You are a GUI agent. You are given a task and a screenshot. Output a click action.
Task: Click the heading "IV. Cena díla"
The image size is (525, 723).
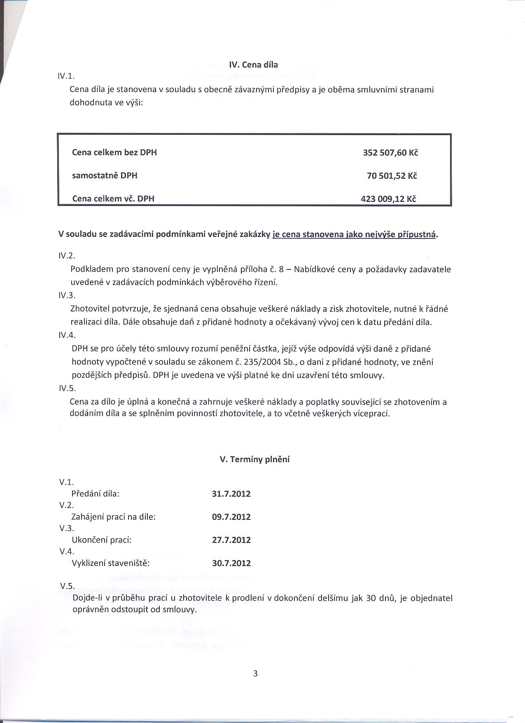(253, 65)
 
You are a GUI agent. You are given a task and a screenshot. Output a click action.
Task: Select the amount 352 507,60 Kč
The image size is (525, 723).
(390, 153)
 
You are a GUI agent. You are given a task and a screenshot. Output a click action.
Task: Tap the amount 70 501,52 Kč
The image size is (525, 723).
(392, 176)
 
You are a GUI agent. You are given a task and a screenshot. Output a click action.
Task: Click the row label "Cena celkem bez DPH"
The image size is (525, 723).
(114, 152)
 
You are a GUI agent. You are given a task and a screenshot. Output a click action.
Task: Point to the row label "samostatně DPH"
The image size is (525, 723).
(105, 175)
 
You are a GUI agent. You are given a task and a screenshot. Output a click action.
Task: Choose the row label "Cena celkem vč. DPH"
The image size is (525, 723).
(113, 199)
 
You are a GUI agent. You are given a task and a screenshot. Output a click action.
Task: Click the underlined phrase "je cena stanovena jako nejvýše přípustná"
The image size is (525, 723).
(354, 235)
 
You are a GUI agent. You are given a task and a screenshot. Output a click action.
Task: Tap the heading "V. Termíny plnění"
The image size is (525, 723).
(255, 459)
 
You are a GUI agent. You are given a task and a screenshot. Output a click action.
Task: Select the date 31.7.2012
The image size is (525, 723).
(231, 494)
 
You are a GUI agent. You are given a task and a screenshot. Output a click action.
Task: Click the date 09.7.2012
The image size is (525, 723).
(231, 517)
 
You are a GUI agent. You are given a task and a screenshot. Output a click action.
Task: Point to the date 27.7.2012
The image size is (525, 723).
(231, 540)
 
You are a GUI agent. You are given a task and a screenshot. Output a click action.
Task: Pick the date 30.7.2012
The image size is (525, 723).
(231, 563)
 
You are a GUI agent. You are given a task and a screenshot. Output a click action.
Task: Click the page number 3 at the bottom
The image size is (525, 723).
(255, 674)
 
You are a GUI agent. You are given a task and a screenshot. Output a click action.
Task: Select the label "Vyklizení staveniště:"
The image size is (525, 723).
(110, 563)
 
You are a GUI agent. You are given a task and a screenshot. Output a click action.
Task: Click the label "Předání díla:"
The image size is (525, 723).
(95, 494)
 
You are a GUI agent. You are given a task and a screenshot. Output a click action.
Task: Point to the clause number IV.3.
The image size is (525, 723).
(67, 295)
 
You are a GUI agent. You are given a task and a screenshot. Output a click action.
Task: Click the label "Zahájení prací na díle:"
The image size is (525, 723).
(114, 517)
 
